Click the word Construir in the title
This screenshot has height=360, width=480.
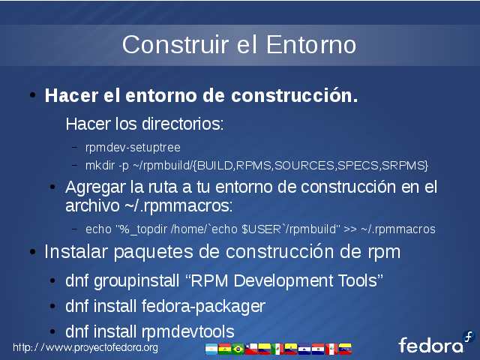175,45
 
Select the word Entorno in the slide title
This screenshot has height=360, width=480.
311,45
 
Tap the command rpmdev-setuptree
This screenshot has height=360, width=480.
133,148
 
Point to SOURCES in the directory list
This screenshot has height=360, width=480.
304,166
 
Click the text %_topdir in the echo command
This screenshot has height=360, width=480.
144,229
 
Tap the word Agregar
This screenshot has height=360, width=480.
95,187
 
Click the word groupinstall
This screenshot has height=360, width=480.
136,281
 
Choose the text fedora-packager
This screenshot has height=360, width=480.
203,307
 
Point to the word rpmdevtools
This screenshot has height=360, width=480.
188,332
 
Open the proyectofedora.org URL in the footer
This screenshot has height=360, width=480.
85,348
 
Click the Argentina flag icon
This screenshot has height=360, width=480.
211,349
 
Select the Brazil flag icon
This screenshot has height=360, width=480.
238,349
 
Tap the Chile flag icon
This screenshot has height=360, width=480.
251,349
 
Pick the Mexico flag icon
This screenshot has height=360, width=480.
277,349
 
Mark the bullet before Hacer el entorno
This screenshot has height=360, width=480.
33,95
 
